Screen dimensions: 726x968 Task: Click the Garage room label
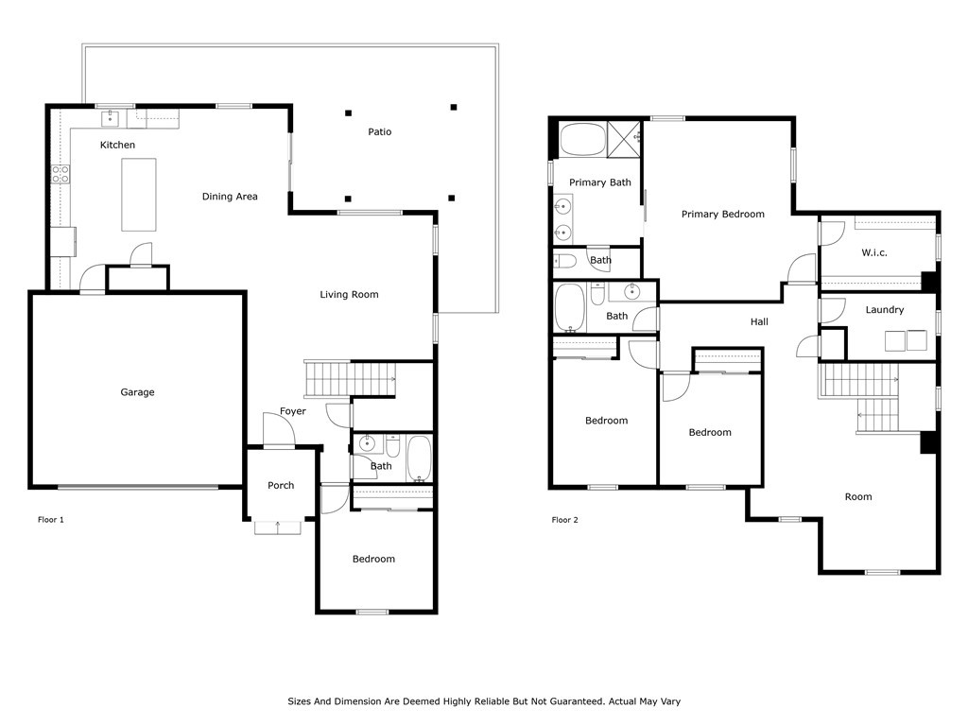click(137, 392)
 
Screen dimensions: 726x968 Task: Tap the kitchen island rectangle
click(139, 195)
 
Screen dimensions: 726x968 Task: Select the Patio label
click(379, 132)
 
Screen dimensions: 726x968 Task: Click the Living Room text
click(349, 295)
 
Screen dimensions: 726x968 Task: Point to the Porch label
click(281, 486)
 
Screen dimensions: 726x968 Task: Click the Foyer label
click(292, 412)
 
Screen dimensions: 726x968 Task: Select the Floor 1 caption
click(50, 520)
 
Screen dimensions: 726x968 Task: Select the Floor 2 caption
click(566, 520)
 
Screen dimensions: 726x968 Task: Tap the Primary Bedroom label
click(722, 215)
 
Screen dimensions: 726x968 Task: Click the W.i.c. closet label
click(874, 253)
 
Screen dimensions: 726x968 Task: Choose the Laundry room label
click(885, 310)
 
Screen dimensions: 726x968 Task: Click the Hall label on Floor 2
click(759, 322)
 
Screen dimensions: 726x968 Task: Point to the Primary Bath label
click(600, 182)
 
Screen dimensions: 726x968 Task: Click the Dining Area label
click(230, 197)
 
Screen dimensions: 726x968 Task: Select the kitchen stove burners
click(60, 173)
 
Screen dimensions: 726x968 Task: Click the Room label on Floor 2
click(858, 497)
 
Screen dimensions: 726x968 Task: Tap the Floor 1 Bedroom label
click(373, 560)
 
